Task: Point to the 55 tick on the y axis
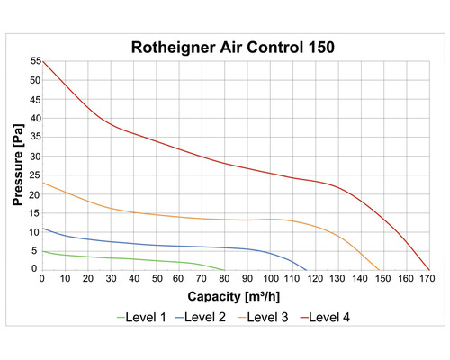pos(35,61)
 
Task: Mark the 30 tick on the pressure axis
pos(35,156)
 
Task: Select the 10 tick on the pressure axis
pos(35,231)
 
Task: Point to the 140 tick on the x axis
pos(361,278)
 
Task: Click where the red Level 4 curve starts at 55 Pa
pos(43,61)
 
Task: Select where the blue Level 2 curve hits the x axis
pos(307,269)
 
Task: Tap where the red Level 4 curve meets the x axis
pos(430,269)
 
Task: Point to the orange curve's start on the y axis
pos(43,183)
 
